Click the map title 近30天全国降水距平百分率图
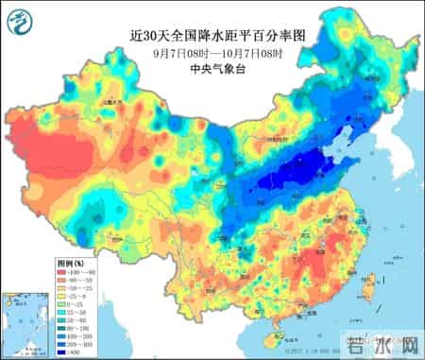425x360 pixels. click(x=212, y=36)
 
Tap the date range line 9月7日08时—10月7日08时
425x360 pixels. click(x=212, y=52)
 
